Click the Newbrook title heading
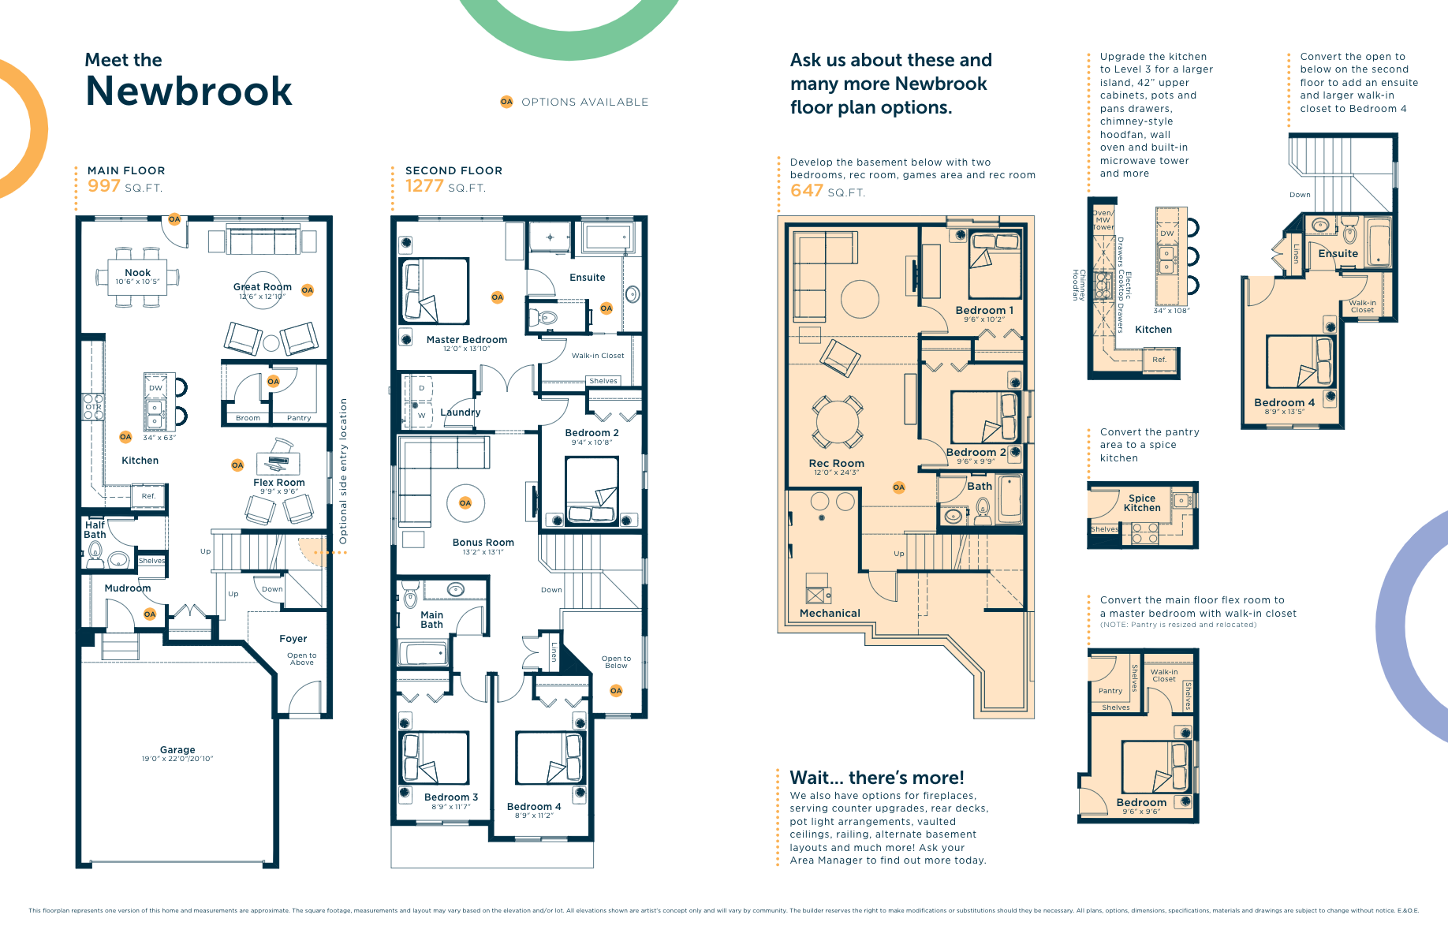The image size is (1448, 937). pos(188,91)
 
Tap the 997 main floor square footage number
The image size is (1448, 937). pos(103,186)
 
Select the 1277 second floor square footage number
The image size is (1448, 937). pos(424,186)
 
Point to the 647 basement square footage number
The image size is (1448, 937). pos(806,191)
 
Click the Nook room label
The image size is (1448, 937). pos(137,273)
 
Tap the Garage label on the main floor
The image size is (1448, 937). pos(177,750)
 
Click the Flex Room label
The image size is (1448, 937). pos(278,483)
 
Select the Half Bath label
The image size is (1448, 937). pos(95,530)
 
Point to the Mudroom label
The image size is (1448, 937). pos(127,588)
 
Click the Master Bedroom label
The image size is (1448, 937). pos(466,340)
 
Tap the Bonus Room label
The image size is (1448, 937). pos(483,543)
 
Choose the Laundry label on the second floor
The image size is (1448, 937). pos(460,413)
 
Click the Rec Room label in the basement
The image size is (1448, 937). pos(836,464)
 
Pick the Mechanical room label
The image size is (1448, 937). pos(830,613)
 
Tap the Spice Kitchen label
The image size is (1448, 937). pos(1141,503)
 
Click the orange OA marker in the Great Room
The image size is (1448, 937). pos(308,290)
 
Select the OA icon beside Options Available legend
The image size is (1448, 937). pos(506,102)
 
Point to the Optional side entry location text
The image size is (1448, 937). pos(343,471)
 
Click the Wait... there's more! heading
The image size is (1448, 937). pos(877,778)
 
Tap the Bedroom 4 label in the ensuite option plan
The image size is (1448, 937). pos(1284,402)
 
